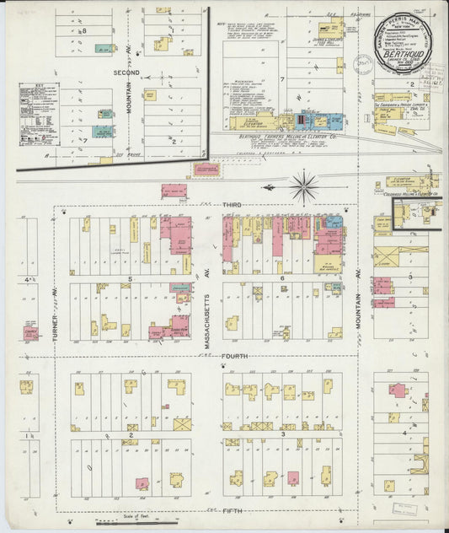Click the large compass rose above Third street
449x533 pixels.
303,185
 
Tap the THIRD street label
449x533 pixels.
233,205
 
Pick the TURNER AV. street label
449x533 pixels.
56,320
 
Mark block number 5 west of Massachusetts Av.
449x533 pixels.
131,277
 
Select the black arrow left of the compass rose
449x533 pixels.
269,187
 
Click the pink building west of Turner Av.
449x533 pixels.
30,331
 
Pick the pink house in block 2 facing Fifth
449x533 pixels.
143,483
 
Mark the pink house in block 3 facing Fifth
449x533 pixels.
293,478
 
